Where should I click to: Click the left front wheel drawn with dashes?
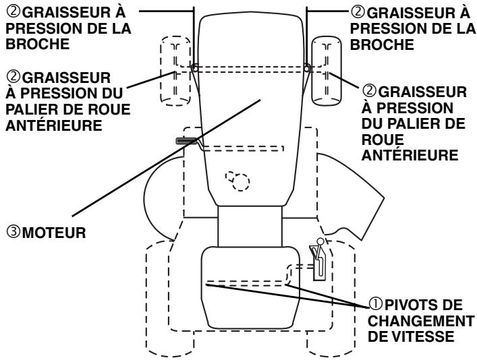175,70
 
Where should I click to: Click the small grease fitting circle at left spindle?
195,68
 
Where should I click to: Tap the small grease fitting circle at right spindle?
307,68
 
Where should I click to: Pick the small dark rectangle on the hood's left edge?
185,141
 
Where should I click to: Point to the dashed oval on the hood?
237,179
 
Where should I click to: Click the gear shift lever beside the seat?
318,260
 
